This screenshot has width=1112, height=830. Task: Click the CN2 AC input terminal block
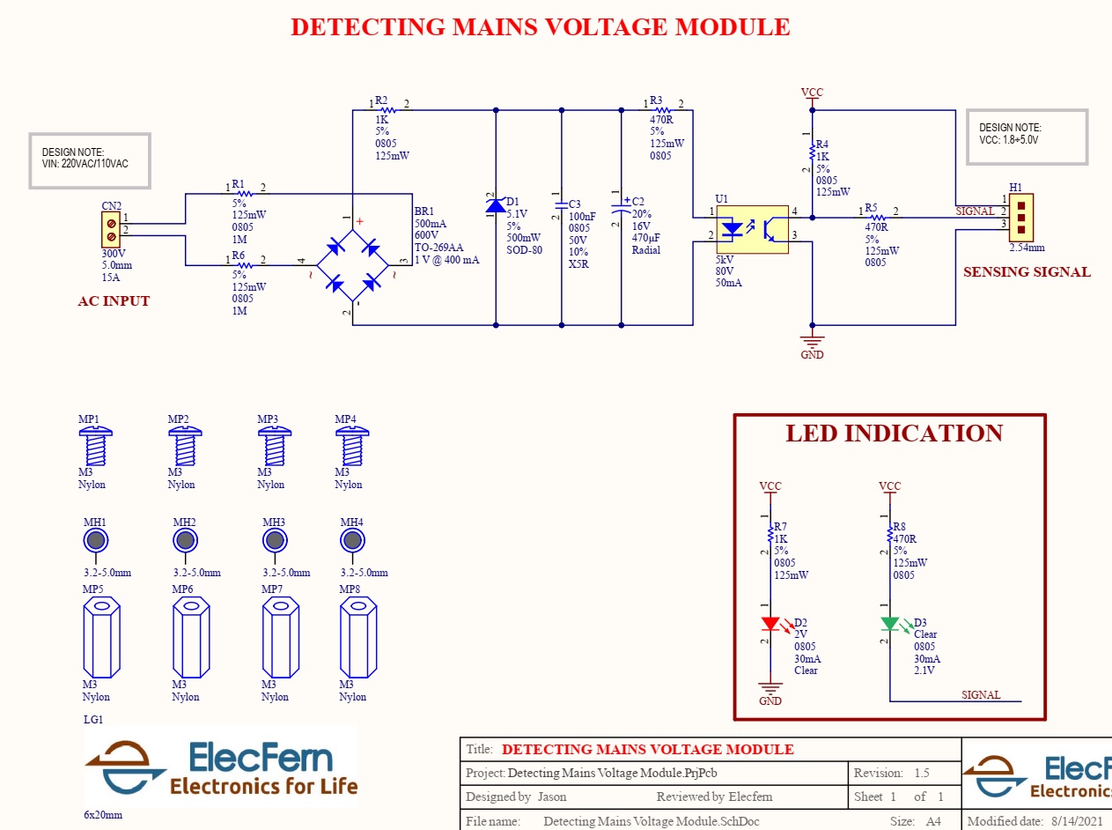[x=112, y=230]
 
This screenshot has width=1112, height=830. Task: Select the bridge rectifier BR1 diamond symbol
[x=352, y=262]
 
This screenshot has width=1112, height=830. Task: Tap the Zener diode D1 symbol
[x=496, y=205]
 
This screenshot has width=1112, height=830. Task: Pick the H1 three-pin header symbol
[x=1021, y=217]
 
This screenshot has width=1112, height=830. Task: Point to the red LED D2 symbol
[x=770, y=624]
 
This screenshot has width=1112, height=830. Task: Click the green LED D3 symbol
[x=889, y=624]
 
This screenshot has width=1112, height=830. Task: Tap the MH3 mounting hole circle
[x=274, y=540]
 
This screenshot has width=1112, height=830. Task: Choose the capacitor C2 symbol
[x=622, y=212]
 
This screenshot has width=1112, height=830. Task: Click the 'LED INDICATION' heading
[x=894, y=434]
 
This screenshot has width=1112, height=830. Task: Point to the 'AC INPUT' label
[x=114, y=301]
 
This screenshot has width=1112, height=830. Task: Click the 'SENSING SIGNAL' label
[x=1027, y=272]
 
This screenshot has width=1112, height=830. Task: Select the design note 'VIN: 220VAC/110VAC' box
[x=90, y=160]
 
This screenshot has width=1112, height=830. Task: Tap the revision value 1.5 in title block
[x=921, y=774]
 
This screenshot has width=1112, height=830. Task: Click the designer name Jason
[x=552, y=797]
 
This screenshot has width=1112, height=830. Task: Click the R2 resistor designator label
[x=380, y=100]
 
